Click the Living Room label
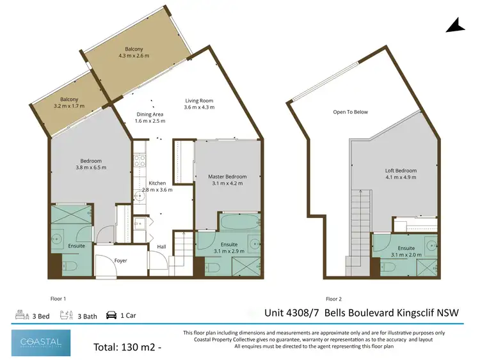click(x=198, y=100)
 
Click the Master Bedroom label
click(x=228, y=176)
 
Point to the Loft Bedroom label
click(x=401, y=171)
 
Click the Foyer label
click(x=120, y=261)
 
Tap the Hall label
click(x=162, y=246)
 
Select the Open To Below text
click(x=350, y=112)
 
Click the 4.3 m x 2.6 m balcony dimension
click(x=134, y=56)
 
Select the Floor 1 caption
click(x=58, y=299)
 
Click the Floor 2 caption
click(x=333, y=299)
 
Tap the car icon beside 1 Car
click(x=111, y=315)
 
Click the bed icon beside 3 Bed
click(x=20, y=315)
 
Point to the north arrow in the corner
click(x=455, y=26)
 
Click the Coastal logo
click(x=36, y=342)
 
